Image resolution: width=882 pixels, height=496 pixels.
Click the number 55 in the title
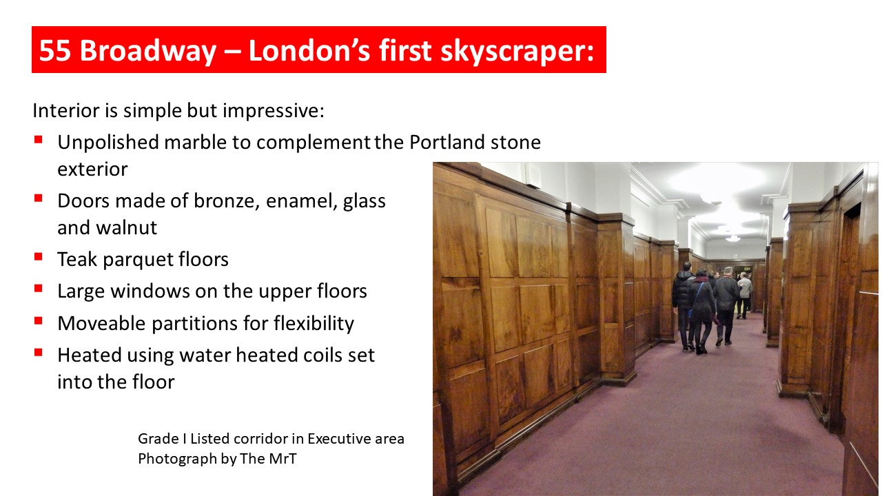(x=54, y=50)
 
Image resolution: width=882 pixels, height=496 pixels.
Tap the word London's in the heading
(x=309, y=50)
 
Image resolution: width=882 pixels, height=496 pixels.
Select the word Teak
(x=78, y=260)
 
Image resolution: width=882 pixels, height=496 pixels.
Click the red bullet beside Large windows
(x=38, y=289)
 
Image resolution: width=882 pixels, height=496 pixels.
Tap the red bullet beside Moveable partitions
(x=38, y=321)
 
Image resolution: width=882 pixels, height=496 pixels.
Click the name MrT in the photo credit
(x=283, y=459)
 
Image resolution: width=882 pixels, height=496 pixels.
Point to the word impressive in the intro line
(x=271, y=111)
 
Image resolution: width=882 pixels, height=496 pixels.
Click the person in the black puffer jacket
(x=684, y=306)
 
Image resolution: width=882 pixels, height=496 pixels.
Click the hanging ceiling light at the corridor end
(x=732, y=238)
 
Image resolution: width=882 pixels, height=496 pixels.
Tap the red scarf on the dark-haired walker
(x=701, y=279)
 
